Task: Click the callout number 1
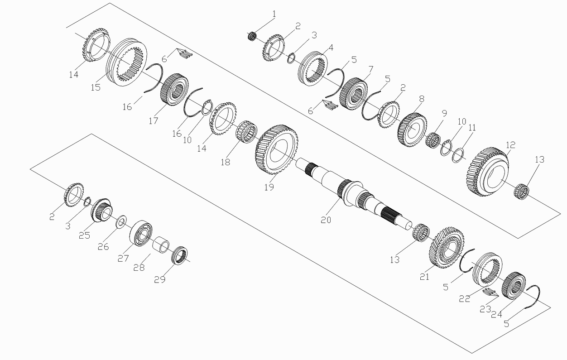coord(274,14)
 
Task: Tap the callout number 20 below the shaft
coord(326,220)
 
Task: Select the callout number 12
coord(510,145)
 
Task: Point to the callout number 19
coord(269,187)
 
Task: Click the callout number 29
coord(160,279)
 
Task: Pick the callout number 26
coord(103,247)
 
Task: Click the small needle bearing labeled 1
coord(252,36)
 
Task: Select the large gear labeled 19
coord(277,149)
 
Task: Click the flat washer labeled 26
coord(121,221)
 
